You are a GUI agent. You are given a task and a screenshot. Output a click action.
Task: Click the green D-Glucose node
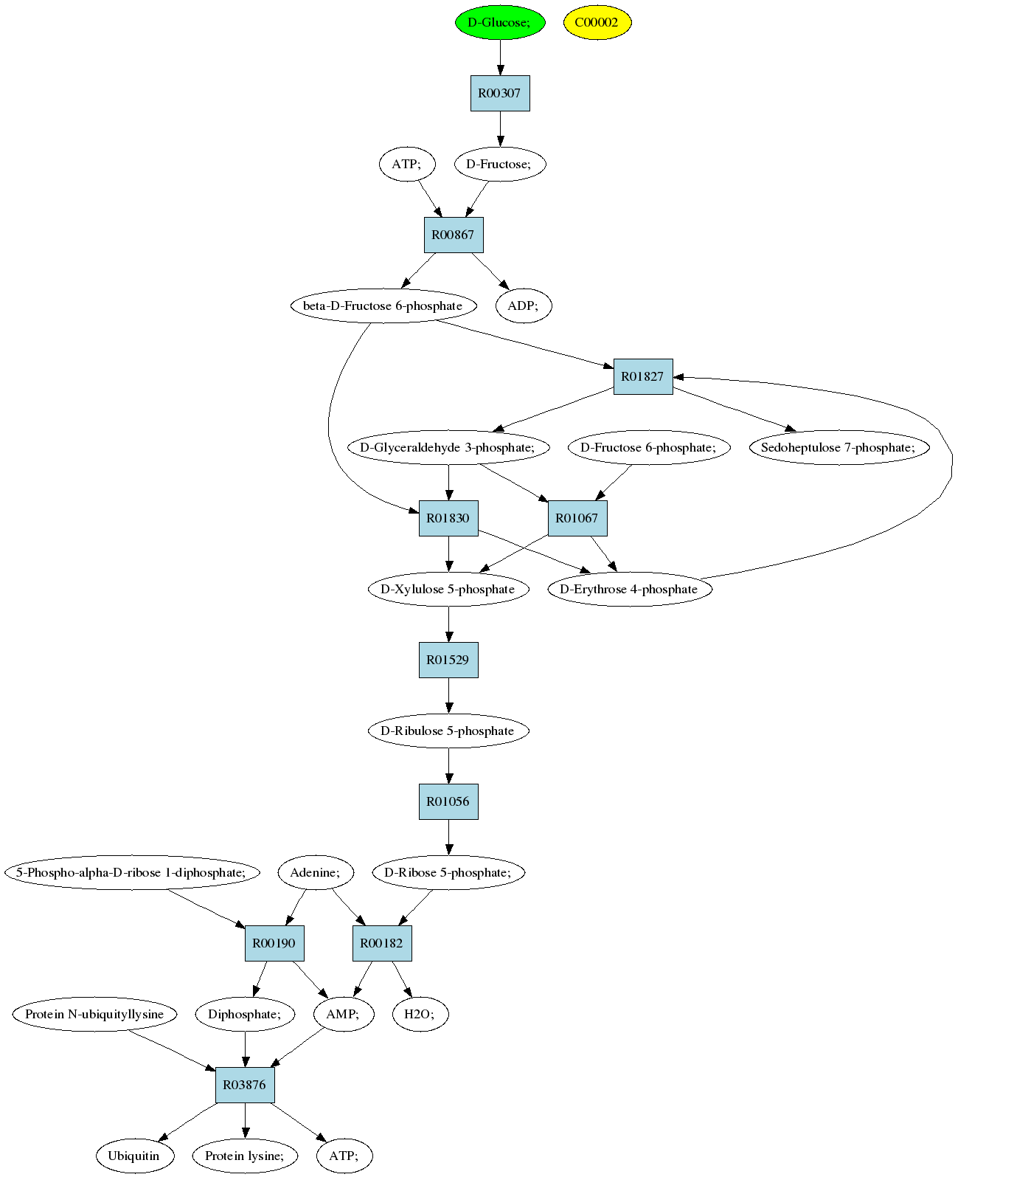click(500, 22)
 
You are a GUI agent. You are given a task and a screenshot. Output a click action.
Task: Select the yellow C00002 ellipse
click(597, 22)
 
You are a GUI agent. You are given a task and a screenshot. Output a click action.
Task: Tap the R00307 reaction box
click(500, 93)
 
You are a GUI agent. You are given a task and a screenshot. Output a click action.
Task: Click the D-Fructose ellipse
click(500, 164)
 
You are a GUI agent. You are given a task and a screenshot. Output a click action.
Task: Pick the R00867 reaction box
click(454, 235)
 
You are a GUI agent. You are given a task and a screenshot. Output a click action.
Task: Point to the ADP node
click(524, 306)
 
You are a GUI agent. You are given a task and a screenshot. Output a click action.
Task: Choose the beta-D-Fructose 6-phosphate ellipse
click(383, 306)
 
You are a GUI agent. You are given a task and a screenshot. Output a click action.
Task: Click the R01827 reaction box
click(643, 376)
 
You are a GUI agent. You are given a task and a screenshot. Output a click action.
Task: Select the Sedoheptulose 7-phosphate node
click(839, 447)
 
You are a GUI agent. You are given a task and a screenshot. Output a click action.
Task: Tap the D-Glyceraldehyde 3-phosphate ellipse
click(448, 447)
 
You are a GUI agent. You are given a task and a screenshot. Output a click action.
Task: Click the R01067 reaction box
click(577, 518)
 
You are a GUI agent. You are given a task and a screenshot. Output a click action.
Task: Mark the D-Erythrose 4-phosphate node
click(630, 589)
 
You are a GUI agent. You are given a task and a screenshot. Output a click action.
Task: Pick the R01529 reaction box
click(448, 660)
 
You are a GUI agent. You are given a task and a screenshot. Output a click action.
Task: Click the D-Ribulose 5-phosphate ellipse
click(448, 731)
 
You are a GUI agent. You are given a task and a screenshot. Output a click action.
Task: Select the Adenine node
click(316, 872)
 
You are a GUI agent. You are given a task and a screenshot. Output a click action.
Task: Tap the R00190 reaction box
click(274, 943)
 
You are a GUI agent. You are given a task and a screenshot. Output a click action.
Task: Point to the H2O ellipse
click(420, 1014)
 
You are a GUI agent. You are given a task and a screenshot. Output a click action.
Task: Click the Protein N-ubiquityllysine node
click(95, 1014)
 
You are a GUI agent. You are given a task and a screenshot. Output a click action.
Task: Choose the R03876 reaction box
click(245, 1085)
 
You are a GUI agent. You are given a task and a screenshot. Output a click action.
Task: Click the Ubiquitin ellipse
click(134, 1156)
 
